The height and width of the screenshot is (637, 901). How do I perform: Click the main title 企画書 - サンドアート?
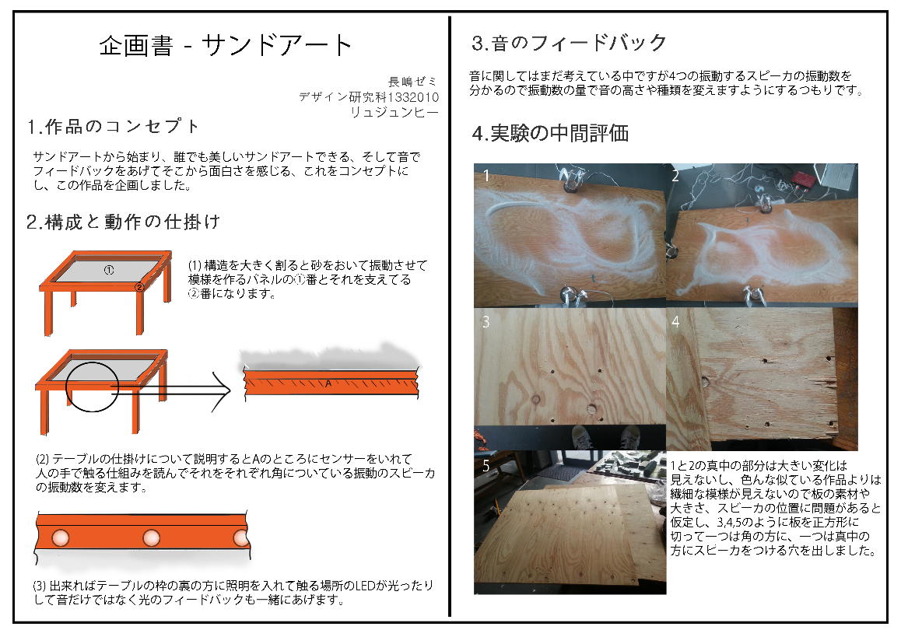pos(226,45)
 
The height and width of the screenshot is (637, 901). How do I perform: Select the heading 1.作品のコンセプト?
pos(113,126)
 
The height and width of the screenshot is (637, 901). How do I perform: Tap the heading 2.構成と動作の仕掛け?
pos(124,222)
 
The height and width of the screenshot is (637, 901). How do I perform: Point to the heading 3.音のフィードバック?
pos(569,43)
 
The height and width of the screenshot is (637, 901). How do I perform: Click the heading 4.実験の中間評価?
pos(550,133)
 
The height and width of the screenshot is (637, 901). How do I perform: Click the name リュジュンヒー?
pos(394,113)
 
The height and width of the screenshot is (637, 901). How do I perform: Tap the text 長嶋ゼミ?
pos(412,82)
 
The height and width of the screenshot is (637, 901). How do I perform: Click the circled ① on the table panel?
pos(109,269)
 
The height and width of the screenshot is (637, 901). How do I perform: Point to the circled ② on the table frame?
pos(139,287)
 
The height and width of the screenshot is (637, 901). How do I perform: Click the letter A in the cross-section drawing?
pos(328,383)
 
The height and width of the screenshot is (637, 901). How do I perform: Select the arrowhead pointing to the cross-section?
pos(222,390)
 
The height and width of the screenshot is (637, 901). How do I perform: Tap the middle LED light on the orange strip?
pos(151,538)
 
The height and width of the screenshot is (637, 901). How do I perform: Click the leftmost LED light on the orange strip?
pos(61,538)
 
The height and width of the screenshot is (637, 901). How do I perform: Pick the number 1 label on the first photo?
pos(486,175)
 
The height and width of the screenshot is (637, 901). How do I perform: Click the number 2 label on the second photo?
pos(675,176)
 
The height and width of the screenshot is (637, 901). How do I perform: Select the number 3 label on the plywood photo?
pos(486,322)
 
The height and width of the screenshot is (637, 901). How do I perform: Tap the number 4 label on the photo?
pos(675,322)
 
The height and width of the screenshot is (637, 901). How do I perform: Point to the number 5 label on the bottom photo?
pos(486,466)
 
